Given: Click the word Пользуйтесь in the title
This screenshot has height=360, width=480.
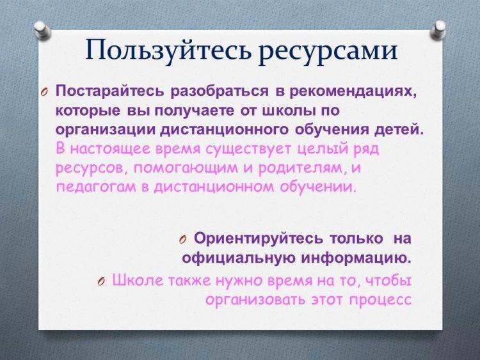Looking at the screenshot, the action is click(x=170, y=51).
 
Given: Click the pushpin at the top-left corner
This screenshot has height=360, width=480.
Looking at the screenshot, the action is click(x=42, y=30).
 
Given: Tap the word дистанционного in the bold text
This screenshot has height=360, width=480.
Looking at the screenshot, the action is click(x=225, y=130).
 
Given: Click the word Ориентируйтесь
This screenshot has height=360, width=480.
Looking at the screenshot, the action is click(x=258, y=239).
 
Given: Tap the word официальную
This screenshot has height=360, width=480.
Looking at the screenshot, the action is click(x=239, y=258).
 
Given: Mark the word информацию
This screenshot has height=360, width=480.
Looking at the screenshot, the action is click(x=356, y=258).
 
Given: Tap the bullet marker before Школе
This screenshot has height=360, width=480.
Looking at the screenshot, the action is click(x=102, y=281).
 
